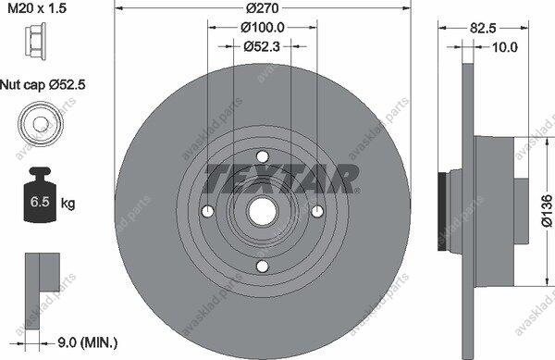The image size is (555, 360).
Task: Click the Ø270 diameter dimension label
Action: pyautogui.click(x=263, y=7)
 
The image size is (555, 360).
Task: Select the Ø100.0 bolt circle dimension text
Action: pyautogui.click(x=263, y=27)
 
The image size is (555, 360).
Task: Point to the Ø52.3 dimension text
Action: pyautogui.click(x=262, y=46)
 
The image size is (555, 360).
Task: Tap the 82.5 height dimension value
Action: pyautogui.click(x=483, y=28)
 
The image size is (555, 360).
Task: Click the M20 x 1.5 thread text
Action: pyautogui.click(x=37, y=8)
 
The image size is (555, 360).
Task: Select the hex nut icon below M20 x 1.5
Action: pyautogui.click(x=35, y=41)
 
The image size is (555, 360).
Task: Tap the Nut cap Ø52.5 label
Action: pyautogui.click(x=43, y=85)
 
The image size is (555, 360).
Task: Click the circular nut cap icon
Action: pyautogui.click(x=40, y=123)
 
